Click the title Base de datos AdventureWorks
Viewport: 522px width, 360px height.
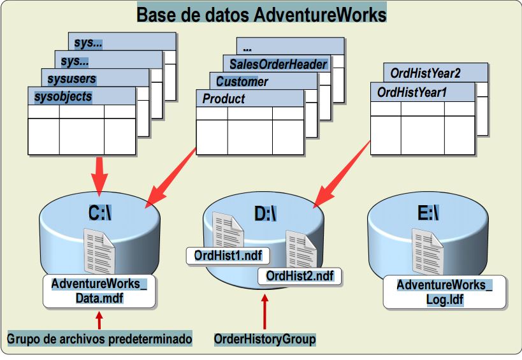(x=261, y=13)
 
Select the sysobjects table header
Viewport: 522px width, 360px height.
(x=64, y=97)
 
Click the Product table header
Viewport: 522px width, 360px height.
(x=224, y=99)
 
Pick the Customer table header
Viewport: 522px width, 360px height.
(x=242, y=82)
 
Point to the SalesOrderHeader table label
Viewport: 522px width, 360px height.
(x=279, y=64)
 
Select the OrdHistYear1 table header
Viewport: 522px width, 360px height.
(x=412, y=92)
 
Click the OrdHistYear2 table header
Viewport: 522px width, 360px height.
(x=425, y=73)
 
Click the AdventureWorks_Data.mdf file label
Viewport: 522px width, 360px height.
(x=99, y=291)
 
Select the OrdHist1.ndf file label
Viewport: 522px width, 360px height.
(x=228, y=256)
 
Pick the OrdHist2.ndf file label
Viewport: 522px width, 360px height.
(x=300, y=276)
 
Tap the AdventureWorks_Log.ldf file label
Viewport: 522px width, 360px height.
(x=444, y=292)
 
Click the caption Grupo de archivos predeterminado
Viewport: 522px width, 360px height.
(x=99, y=339)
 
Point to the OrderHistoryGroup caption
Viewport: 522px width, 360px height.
(x=265, y=339)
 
